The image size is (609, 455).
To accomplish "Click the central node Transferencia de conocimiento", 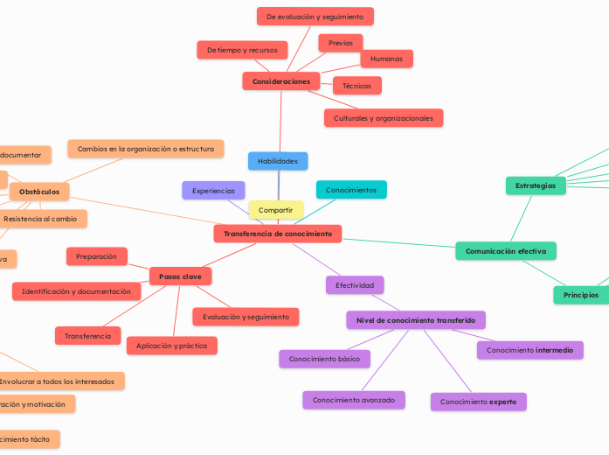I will (x=278, y=234).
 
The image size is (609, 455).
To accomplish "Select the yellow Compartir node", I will (x=276, y=210).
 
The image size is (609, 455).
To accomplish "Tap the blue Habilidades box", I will (x=278, y=161).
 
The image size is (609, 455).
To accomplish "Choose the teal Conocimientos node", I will (x=351, y=190).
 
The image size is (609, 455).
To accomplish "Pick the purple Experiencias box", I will (x=213, y=190).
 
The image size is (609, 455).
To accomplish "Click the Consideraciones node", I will (x=281, y=81).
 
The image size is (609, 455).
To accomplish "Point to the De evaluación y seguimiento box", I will (x=315, y=17).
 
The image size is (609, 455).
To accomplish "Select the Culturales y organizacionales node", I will (x=384, y=118).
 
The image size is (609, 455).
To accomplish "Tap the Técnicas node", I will (x=356, y=86).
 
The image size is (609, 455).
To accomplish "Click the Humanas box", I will (x=386, y=59).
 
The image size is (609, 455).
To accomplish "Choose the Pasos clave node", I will (x=181, y=276).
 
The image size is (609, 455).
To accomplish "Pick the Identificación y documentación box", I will (x=76, y=291).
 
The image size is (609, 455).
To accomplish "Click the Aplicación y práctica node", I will (x=172, y=346).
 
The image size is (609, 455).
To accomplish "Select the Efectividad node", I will (x=355, y=285).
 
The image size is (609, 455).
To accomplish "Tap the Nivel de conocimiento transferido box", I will (x=416, y=320).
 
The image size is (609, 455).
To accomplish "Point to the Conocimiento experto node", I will (x=478, y=402).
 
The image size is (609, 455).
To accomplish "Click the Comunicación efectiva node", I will (x=506, y=251).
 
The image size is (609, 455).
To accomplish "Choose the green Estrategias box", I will (x=536, y=185).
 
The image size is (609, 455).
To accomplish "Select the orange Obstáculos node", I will (x=39, y=192).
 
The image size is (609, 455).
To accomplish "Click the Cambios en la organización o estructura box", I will (x=146, y=149).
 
